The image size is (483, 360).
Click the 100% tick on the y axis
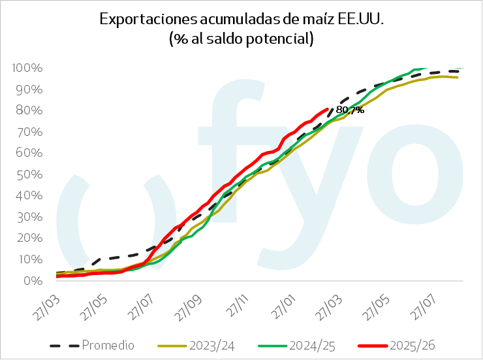(27, 68)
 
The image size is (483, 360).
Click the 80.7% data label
(351, 110)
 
